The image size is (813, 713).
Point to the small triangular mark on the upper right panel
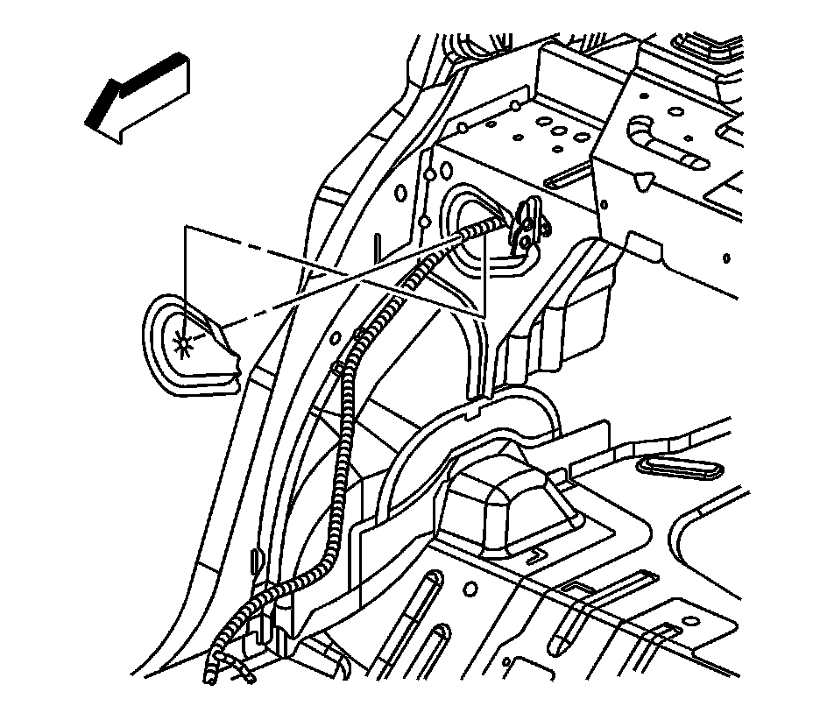[x=645, y=181]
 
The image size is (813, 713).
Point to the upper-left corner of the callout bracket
[x=186, y=228]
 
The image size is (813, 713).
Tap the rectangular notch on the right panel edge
[x=638, y=242]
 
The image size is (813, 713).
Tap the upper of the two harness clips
[x=358, y=332]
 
